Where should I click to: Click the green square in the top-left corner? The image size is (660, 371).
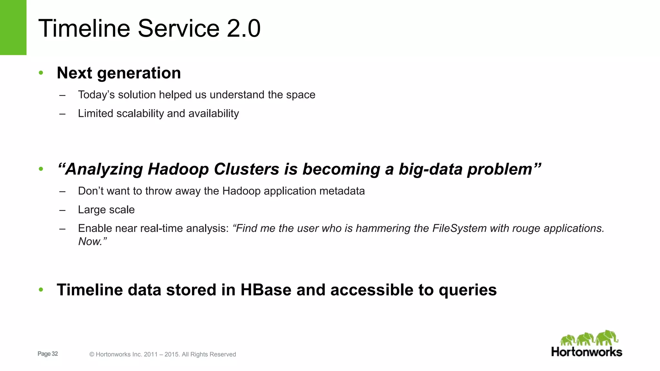coord(13,27)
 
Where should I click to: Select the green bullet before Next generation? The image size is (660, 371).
coord(41,73)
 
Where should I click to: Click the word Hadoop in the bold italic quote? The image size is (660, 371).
coord(178,169)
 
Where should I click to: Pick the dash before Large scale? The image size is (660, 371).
coord(62,210)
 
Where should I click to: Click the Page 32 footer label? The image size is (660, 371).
coord(48,354)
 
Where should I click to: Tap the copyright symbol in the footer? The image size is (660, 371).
coord(92,355)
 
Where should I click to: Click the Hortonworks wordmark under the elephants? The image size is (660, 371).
coord(587,352)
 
